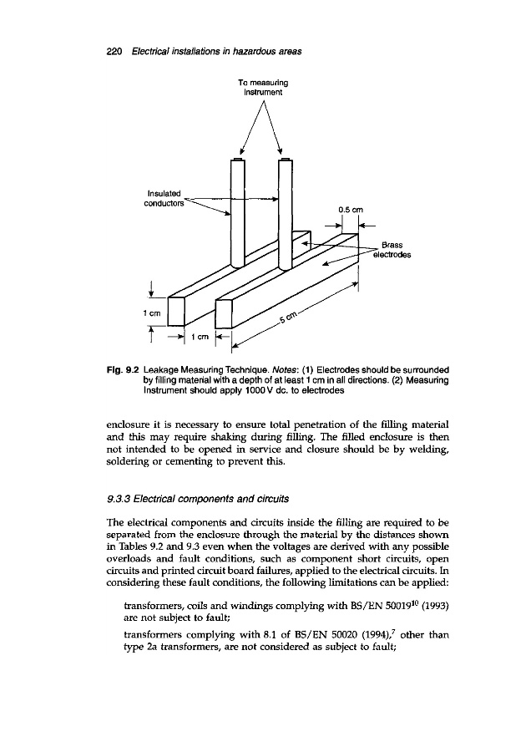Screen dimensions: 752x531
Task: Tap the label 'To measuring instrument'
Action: (x=262, y=87)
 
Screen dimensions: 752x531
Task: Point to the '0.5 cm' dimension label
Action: (x=349, y=210)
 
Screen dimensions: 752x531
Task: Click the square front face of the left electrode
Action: (x=180, y=312)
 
